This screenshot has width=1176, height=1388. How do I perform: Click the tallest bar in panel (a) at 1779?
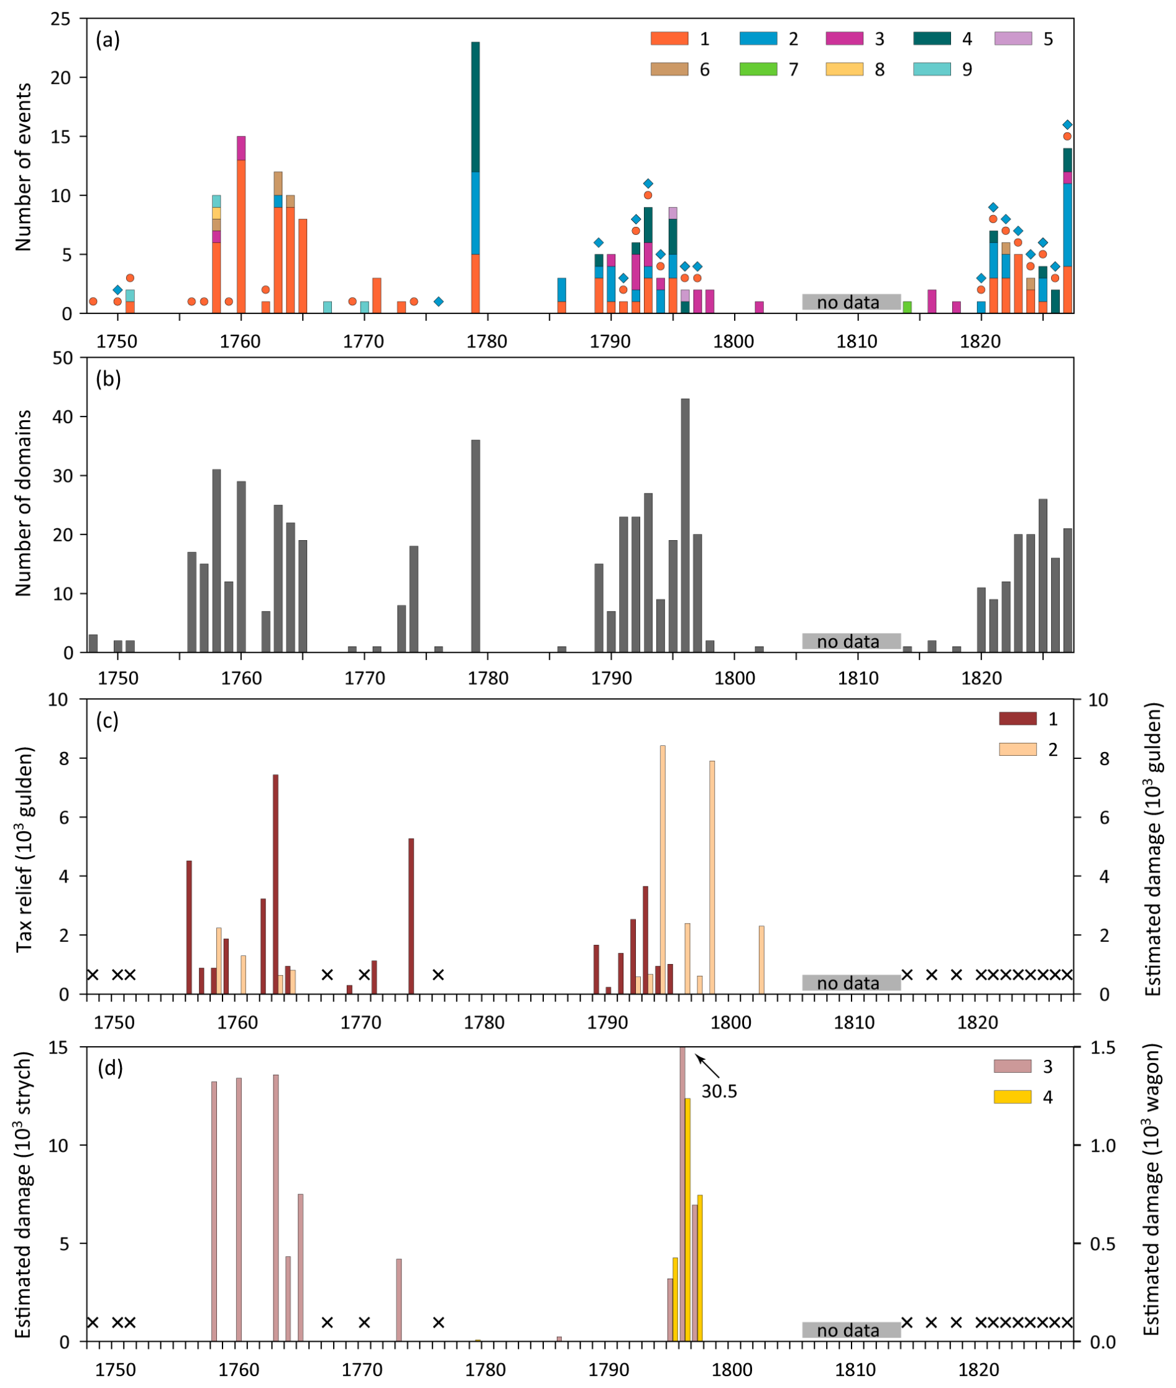(x=475, y=177)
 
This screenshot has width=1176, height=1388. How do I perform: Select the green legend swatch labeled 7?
(x=758, y=68)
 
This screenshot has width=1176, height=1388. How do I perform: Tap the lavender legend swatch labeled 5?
(x=1013, y=39)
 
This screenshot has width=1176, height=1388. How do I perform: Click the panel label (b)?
(x=108, y=379)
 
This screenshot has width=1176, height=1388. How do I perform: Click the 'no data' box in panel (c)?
(x=851, y=983)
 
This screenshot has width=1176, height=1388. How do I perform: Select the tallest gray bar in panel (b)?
(x=686, y=525)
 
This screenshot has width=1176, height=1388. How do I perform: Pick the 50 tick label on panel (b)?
(x=62, y=358)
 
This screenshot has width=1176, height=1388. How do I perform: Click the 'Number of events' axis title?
(x=24, y=167)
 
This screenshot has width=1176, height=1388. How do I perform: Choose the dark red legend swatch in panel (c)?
(x=1018, y=719)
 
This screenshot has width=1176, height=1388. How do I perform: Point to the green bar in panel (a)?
(x=907, y=306)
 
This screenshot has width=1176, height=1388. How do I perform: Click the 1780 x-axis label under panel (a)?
(x=487, y=341)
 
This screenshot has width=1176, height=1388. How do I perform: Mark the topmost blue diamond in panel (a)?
(x=1067, y=125)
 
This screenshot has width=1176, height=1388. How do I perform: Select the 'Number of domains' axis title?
(x=24, y=503)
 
